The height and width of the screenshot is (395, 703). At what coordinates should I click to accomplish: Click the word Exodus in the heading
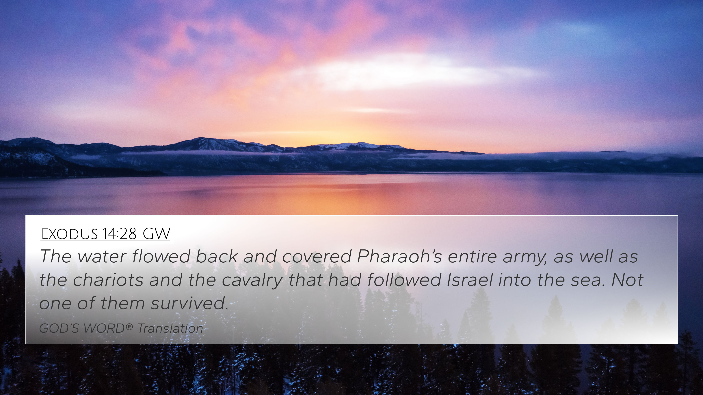coord(69,234)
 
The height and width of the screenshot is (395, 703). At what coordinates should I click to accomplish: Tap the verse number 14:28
coord(119,234)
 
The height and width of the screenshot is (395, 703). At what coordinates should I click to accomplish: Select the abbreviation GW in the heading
coord(156,234)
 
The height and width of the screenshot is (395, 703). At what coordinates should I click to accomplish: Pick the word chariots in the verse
coord(108,280)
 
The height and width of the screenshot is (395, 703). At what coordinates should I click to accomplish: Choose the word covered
coord(317,257)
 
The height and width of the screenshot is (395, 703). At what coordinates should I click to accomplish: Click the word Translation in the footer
coord(170,328)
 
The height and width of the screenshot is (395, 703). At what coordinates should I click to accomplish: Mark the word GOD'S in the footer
coord(59,328)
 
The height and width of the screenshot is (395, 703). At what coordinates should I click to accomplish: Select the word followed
coord(404,280)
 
